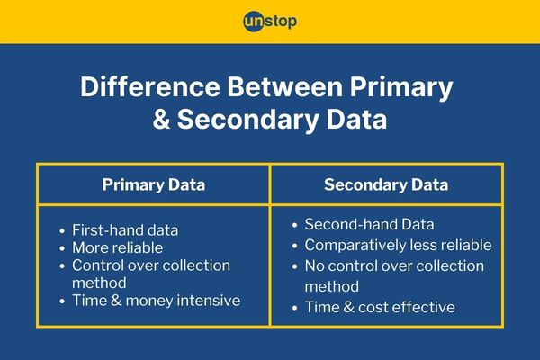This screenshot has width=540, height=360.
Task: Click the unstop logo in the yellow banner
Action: click(270, 22)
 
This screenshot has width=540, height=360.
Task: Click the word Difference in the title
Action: click(150, 86)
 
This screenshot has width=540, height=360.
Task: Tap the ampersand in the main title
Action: click(161, 119)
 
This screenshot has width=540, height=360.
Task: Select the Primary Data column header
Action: click(154, 184)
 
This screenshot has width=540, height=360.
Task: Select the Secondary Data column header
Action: click(386, 184)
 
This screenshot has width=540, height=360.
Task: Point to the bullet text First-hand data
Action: click(125, 230)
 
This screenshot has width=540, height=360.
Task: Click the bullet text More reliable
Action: click(117, 247)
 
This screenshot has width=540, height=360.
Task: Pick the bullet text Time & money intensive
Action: click(156, 301)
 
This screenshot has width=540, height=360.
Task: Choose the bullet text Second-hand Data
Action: click(369, 224)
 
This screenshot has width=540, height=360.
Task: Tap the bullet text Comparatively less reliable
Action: click(398, 246)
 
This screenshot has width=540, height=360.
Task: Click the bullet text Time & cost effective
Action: click(380, 307)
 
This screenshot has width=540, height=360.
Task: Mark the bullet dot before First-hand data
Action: click(62, 230)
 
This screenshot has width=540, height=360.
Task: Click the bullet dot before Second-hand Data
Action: click(294, 225)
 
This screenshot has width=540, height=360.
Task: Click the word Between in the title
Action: click(284, 86)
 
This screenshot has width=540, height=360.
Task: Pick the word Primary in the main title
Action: click(401, 88)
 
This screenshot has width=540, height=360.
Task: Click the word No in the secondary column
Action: click(314, 266)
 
